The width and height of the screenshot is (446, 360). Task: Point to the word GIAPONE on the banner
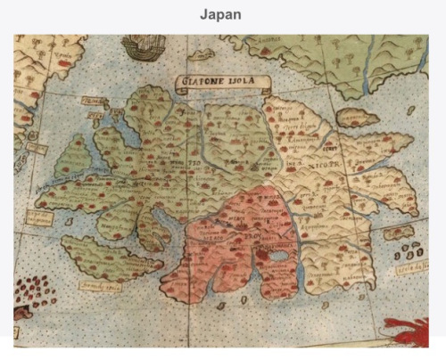[203, 82]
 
